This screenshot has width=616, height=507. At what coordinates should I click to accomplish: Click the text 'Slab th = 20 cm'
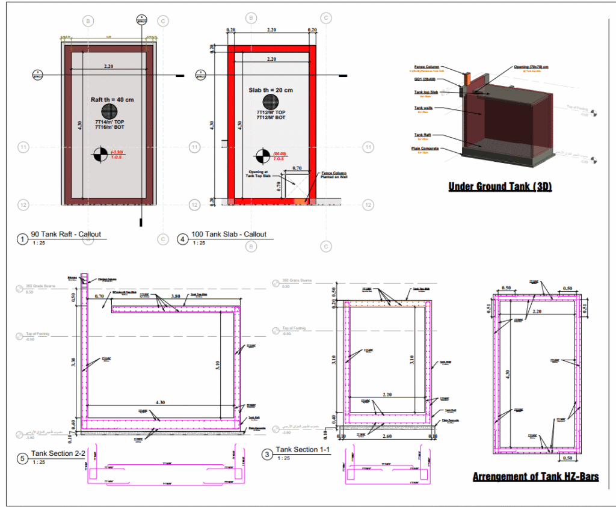coord(271,90)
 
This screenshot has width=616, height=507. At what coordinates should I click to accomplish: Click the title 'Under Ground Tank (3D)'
coord(500,187)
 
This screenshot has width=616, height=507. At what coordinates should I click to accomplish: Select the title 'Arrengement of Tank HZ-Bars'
coord(535,477)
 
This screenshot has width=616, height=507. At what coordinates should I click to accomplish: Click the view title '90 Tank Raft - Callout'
coord(66,234)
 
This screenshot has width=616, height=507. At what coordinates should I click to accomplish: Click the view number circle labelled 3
coord(266,455)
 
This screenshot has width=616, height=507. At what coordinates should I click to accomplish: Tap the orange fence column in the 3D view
coord(467,78)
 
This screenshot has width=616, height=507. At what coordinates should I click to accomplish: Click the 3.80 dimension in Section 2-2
coord(176,296)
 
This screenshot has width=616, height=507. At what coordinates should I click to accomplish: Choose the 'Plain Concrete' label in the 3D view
coord(426,148)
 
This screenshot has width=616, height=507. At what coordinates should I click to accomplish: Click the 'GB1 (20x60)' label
coord(426,79)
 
